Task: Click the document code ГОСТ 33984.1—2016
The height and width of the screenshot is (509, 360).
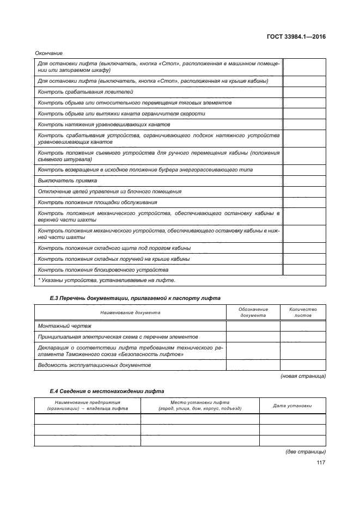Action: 296,36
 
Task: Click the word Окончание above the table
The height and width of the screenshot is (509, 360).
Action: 48,53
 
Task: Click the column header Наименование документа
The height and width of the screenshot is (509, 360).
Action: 130,312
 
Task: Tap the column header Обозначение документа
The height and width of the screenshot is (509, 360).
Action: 253,312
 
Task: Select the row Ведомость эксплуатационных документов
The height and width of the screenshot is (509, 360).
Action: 94,365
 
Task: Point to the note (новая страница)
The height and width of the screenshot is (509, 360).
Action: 303,376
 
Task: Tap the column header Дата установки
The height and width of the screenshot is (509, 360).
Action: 292,406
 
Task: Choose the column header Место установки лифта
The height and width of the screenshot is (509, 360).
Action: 200,406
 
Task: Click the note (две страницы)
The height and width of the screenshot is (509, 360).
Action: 306,452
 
